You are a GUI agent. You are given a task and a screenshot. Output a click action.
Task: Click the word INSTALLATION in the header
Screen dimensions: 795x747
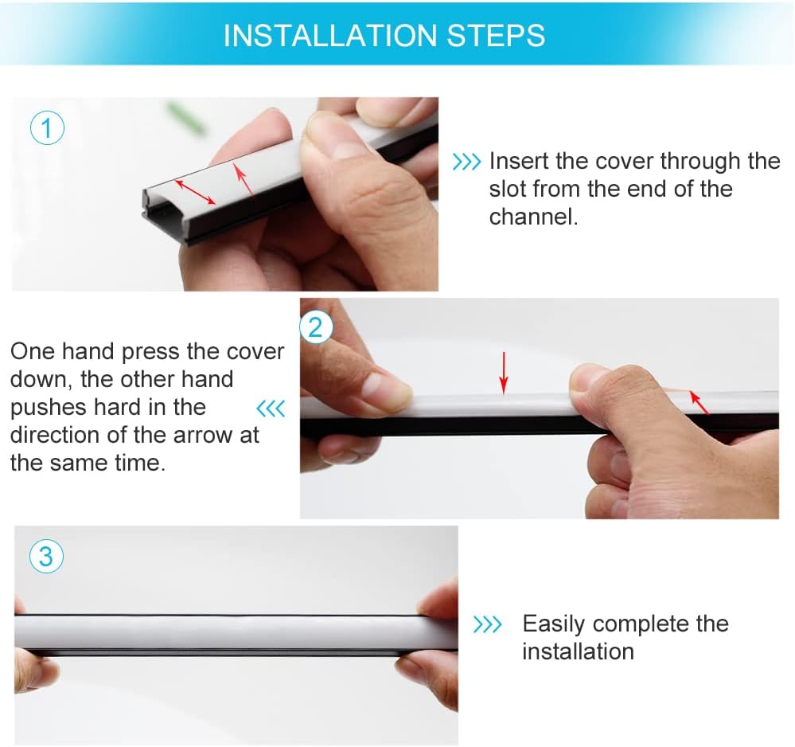pos(330,35)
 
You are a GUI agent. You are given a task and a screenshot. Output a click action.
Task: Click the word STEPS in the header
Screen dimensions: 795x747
pos(496,35)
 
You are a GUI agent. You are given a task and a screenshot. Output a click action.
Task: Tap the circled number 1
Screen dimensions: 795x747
pos(47,128)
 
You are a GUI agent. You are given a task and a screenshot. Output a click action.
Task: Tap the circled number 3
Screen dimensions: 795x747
pos(46,556)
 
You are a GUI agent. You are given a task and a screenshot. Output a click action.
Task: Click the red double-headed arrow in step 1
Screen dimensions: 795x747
pos(195,192)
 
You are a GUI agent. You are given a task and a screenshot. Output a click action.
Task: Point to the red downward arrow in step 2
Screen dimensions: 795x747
pos(504,373)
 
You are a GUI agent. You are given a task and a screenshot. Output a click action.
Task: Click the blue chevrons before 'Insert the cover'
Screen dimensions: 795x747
pos(466,162)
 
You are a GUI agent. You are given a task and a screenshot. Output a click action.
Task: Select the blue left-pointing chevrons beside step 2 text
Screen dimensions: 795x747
pos(271,408)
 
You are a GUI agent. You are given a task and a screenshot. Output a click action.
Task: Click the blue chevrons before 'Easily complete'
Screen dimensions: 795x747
pos(487,624)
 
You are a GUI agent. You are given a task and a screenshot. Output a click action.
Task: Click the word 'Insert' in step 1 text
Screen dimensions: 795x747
pos(519,162)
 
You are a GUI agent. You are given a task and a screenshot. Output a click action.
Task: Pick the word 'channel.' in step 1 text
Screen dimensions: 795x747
pos(533,217)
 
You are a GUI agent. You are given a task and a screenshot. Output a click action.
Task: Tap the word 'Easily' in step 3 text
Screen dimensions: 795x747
pos(553,624)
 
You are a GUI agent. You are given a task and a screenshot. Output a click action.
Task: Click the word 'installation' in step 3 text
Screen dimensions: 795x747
pos(578,651)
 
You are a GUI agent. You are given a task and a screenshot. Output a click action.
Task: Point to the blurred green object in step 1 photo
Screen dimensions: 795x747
pos(185,117)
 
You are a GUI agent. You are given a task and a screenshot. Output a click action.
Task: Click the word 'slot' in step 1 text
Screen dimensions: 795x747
pos(507,190)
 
